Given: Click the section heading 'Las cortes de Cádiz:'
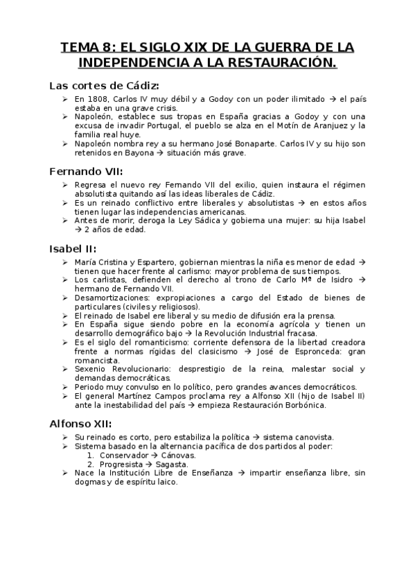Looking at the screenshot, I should tap(104, 86).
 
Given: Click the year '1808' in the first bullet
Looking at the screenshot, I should tap(99, 100).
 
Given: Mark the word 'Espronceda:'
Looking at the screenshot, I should tap(316, 350).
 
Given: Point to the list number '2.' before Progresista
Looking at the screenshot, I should tap(91, 464).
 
